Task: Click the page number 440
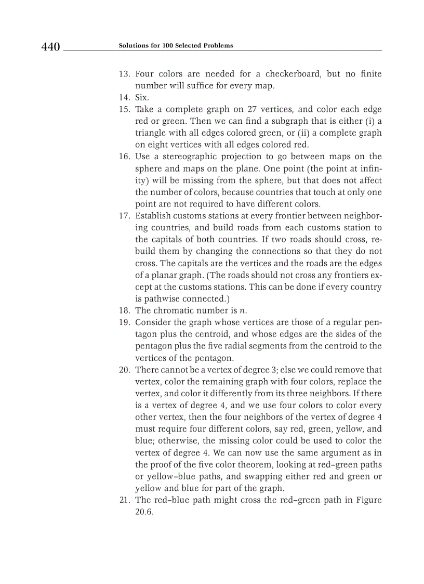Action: pos(51,47)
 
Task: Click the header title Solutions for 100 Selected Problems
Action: pos(176,46)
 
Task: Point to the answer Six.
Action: pos(142,97)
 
